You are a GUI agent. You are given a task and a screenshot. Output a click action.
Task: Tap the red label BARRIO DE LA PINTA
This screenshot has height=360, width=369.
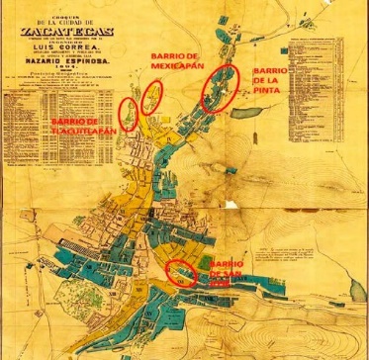(x=274, y=84)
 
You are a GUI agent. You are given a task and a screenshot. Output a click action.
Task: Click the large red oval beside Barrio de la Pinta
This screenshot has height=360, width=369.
(x=219, y=89)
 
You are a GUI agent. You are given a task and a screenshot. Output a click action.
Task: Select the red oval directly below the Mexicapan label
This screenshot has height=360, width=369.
(x=151, y=96)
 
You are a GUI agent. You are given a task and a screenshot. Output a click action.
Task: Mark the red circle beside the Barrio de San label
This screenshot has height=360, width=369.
(x=181, y=272)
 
